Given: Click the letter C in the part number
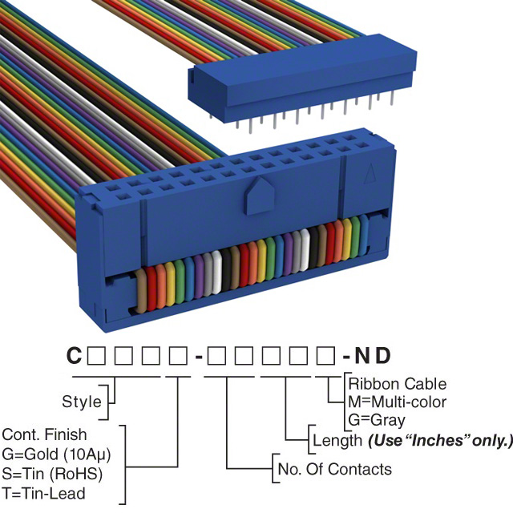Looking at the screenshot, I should [74, 355].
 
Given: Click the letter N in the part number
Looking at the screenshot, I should [363, 355].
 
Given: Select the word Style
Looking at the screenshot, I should [82, 402].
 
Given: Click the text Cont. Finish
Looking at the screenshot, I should [45, 435].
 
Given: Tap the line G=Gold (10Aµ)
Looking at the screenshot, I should [56, 454].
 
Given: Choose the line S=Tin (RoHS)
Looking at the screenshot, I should [53, 474].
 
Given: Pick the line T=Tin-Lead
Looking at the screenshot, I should [44, 493].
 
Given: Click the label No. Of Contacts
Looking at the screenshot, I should [333, 469].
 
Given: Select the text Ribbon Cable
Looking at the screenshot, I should [397, 384].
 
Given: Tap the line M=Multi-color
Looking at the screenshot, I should [397, 402].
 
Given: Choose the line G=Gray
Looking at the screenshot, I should [377, 419].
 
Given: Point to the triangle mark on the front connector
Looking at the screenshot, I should [370, 173].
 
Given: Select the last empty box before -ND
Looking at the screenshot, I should [327, 355].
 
